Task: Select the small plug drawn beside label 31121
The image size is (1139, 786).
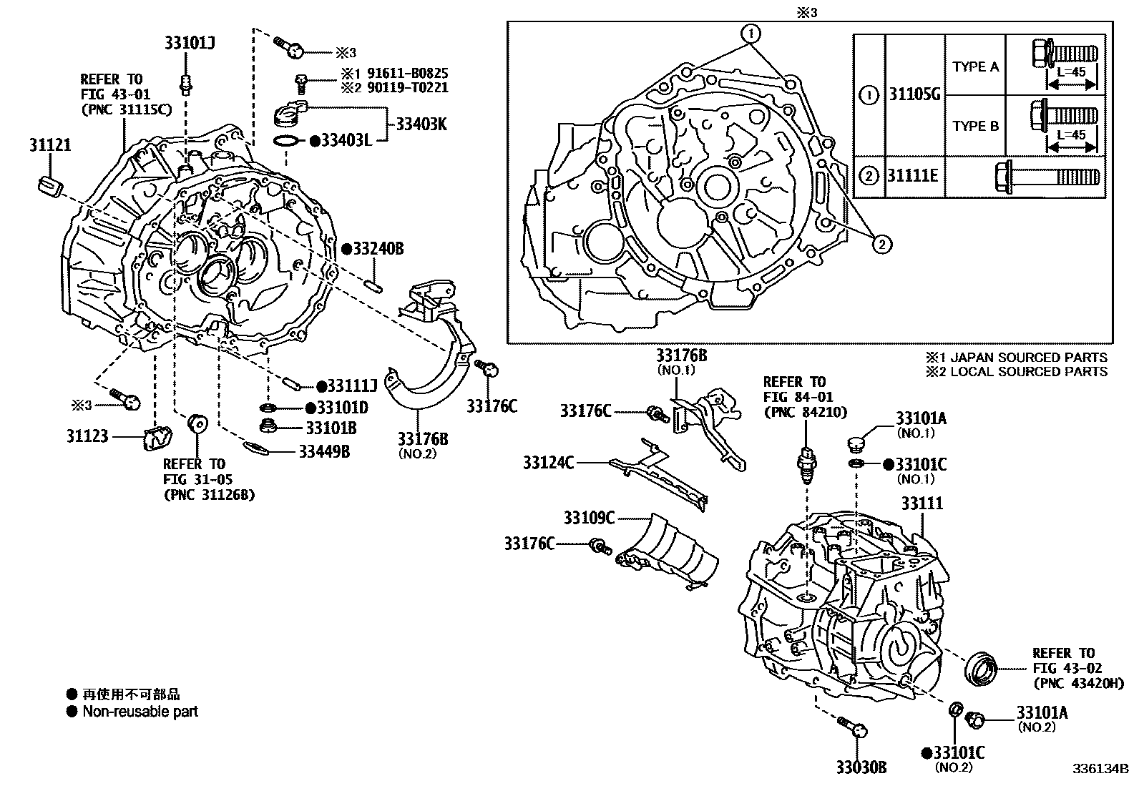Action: tap(48, 185)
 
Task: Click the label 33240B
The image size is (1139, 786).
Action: tap(378, 249)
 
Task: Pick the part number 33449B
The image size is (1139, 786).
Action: tap(324, 451)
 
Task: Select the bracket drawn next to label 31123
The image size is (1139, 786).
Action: tap(157, 438)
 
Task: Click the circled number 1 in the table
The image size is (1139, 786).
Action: tap(868, 94)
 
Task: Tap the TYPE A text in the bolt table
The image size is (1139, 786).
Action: tap(975, 67)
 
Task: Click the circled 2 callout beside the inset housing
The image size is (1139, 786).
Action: tap(881, 245)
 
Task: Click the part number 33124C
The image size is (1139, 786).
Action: tap(548, 463)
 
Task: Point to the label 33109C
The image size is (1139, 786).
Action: tap(588, 517)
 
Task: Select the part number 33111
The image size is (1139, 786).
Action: tap(922, 503)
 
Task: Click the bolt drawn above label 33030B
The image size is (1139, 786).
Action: tap(851, 727)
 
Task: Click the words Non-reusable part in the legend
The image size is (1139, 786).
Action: tap(140, 712)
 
